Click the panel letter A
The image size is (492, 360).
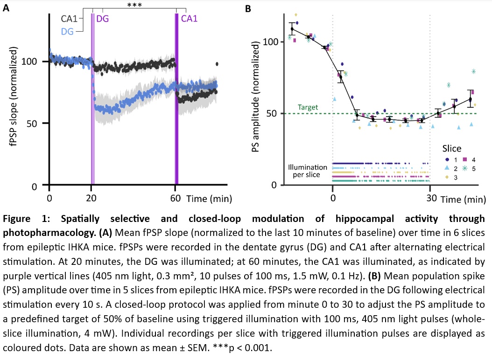(x=6, y=7)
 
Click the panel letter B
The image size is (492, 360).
(x=248, y=8)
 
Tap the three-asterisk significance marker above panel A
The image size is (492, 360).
(x=134, y=6)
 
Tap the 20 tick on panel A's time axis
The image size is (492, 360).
(x=91, y=198)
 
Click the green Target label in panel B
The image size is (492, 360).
(x=308, y=107)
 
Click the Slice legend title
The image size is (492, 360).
(x=452, y=148)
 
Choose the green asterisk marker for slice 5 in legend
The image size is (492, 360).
(x=465, y=168)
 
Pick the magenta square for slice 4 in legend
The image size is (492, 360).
(x=465, y=159)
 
